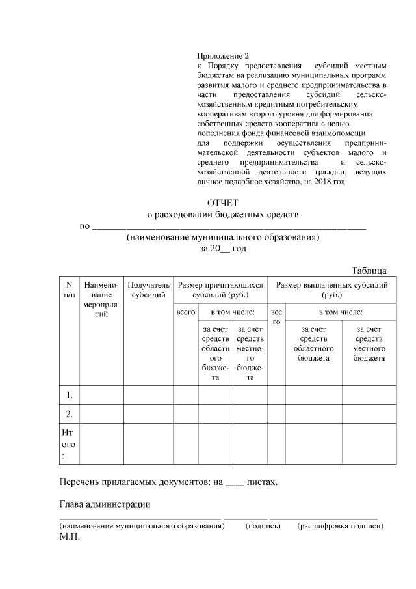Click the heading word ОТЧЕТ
click(223, 203)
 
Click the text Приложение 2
click(222, 56)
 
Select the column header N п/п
click(68, 290)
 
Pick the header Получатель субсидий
click(148, 290)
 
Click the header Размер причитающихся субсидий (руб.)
click(220, 290)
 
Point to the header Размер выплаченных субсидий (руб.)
click(331, 290)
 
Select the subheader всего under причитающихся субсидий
click(186, 313)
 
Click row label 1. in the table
click(68, 395)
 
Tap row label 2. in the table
click(68, 413)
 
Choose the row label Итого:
click(68, 444)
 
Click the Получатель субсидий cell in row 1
click(148, 395)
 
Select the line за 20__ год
click(223, 249)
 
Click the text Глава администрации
click(105, 504)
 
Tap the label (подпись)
click(262, 525)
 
